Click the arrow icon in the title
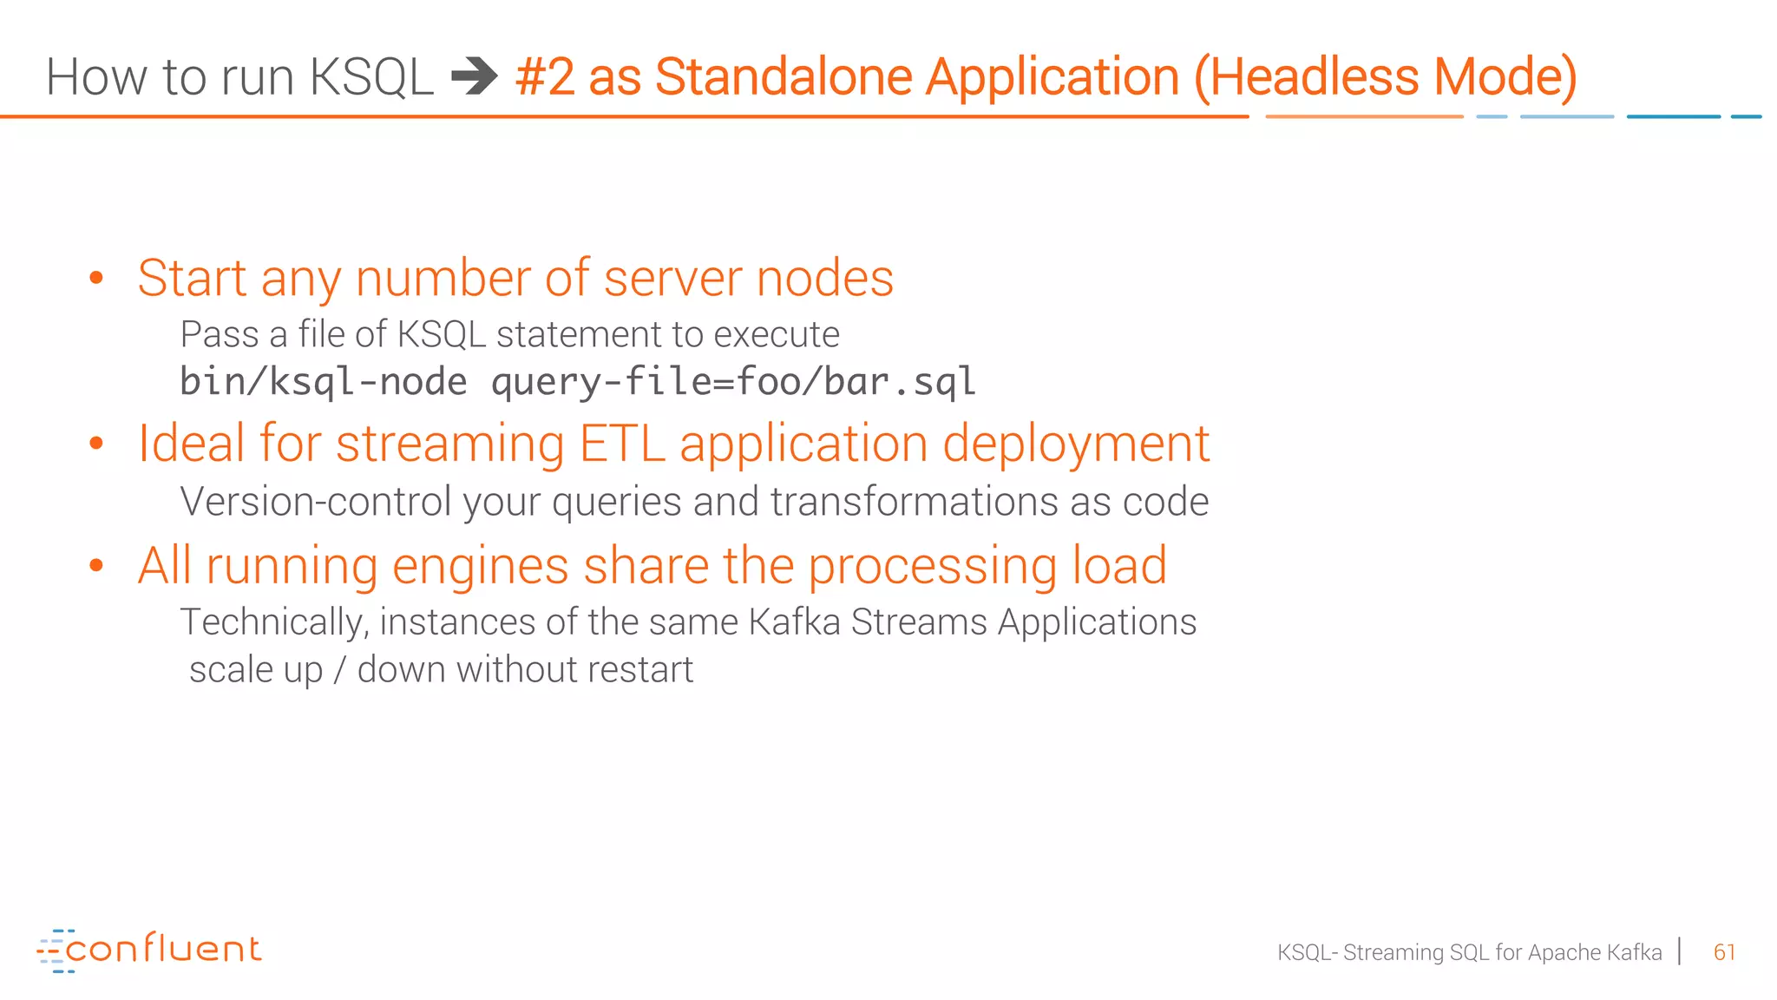point(475,76)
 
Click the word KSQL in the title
point(370,76)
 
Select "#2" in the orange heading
point(544,76)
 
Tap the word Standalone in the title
point(784,76)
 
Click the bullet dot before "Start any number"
point(96,278)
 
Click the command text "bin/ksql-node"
point(323,382)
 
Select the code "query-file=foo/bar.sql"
point(733,382)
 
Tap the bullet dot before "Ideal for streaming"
point(96,444)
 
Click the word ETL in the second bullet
point(622,444)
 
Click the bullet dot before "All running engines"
point(96,566)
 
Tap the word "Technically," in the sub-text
point(274,622)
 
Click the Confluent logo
point(149,950)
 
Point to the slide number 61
point(1724,952)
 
